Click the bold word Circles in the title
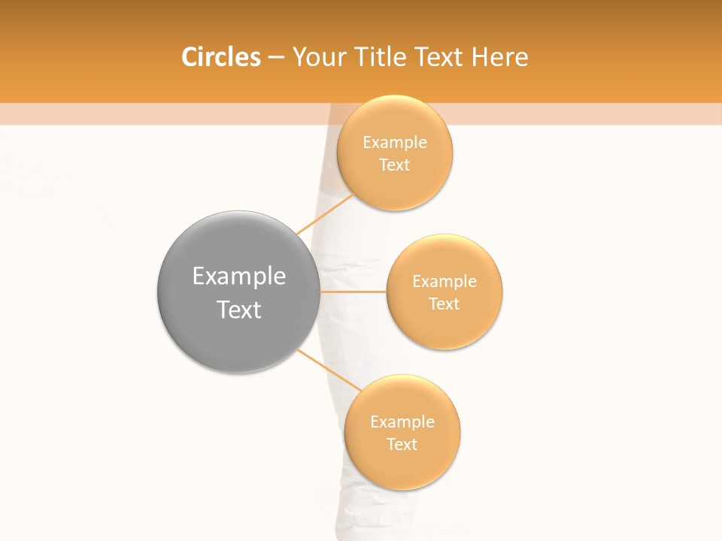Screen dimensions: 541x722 [221, 57]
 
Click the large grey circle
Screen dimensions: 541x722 [238, 292]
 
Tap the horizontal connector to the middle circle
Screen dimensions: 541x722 [353, 292]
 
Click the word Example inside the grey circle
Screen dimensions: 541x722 [238, 276]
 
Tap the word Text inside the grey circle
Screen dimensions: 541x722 [238, 310]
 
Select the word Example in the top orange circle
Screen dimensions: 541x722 [395, 142]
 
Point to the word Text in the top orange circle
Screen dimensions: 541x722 [395, 165]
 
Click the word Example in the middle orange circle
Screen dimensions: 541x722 [444, 281]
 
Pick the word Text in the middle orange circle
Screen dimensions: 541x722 [444, 304]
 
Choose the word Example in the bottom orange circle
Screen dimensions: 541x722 [402, 422]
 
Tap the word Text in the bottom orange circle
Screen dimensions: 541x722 [402, 444]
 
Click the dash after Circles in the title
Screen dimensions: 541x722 [275, 58]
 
